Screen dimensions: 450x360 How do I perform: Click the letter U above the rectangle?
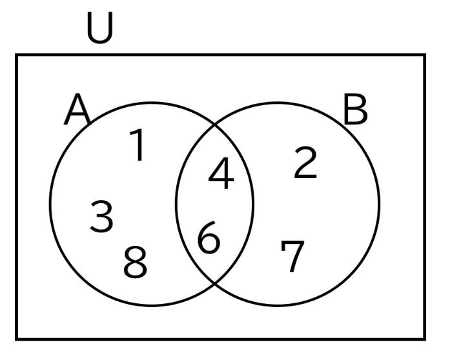pyautogui.click(x=99, y=28)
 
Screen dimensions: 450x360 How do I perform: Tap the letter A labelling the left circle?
pyautogui.click(x=77, y=109)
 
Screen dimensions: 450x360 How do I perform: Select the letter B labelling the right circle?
pyautogui.click(x=355, y=109)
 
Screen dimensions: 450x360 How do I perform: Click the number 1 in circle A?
pyautogui.click(x=137, y=145)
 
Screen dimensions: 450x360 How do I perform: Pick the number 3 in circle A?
pyautogui.click(x=101, y=216)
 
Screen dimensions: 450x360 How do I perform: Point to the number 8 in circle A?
pyautogui.click(x=135, y=262)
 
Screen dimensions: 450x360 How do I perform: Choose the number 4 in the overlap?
pyautogui.click(x=221, y=173)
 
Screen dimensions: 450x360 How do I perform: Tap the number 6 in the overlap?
pyautogui.click(x=209, y=237)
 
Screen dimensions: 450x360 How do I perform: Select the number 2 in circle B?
pyautogui.click(x=305, y=163)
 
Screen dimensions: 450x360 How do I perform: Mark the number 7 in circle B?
pyautogui.click(x=292, y=256)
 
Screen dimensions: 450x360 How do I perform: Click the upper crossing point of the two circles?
pyautogui.click(x=214, y=125)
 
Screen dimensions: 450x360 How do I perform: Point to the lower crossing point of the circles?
pyautogui.click(x=214, y=283)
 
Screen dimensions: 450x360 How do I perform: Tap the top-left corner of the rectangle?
pyautogui.click(x=17, y=55)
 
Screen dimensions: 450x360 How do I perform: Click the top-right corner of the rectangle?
pyautogui.click(x=424, y=55)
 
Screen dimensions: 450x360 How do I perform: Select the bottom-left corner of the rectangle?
pyautogui.click(x=17, y=339)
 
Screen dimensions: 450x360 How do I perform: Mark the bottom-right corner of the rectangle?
pyautogui.click(x=424, y=339)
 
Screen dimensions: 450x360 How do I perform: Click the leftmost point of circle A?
pyautogui.click(x=50, y=205)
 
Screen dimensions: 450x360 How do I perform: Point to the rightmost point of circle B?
pyautogui.click(x=380, y=205)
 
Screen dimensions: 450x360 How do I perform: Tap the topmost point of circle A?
pyautogui.click(x=152, y=103)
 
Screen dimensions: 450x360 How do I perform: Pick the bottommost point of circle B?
pyautogui.click(x=278, y=306)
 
